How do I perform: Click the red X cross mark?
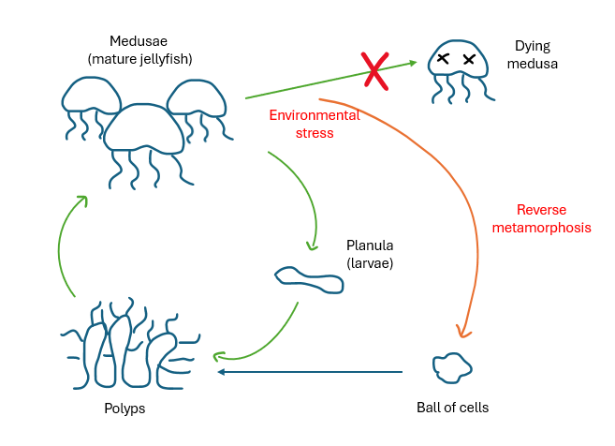375,70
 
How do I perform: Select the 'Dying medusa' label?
535,55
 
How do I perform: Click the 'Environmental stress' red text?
315,124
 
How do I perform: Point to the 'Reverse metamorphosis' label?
554,218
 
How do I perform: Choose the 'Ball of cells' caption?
452,408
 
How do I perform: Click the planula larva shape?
309,277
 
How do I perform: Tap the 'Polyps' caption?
125,409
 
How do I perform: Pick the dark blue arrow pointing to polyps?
309,372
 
